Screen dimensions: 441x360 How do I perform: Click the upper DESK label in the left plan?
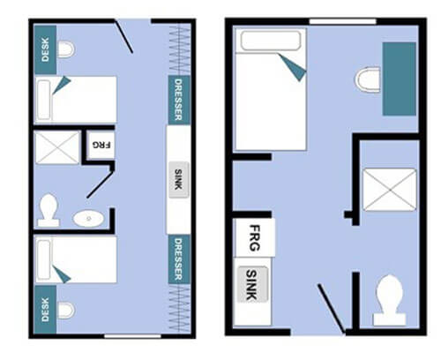tap(45, 49)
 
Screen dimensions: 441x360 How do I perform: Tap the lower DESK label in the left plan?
tap(45, 310)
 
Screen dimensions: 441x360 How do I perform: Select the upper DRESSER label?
tap(178, 100)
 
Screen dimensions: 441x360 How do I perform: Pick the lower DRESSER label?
tap(178, 259)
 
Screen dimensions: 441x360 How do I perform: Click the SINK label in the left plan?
tap(178, 179)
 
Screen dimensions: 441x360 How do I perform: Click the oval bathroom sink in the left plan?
tap(88, 219)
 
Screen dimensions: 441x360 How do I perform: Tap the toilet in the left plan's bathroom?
tap(49, 210)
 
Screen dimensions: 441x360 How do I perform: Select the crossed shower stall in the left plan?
tap(57, 147)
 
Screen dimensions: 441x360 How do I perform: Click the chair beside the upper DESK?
tap(66, 49)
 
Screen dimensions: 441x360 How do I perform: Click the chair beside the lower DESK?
tap(66, 310)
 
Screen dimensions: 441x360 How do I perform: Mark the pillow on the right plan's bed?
tap(271, 40)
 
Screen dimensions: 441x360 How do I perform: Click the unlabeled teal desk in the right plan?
tap(399, 79)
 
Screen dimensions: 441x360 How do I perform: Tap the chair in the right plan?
tap(368, 79)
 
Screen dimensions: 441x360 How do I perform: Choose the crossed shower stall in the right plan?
tap(390, 190)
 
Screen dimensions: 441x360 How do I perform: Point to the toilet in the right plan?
tap(390, 300)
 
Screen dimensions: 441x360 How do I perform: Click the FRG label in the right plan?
tap(255, 237)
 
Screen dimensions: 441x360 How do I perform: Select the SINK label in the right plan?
tap(251, 284)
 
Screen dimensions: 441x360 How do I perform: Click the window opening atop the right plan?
tap(342, 21)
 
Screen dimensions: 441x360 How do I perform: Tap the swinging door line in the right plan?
tap(332, 309)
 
